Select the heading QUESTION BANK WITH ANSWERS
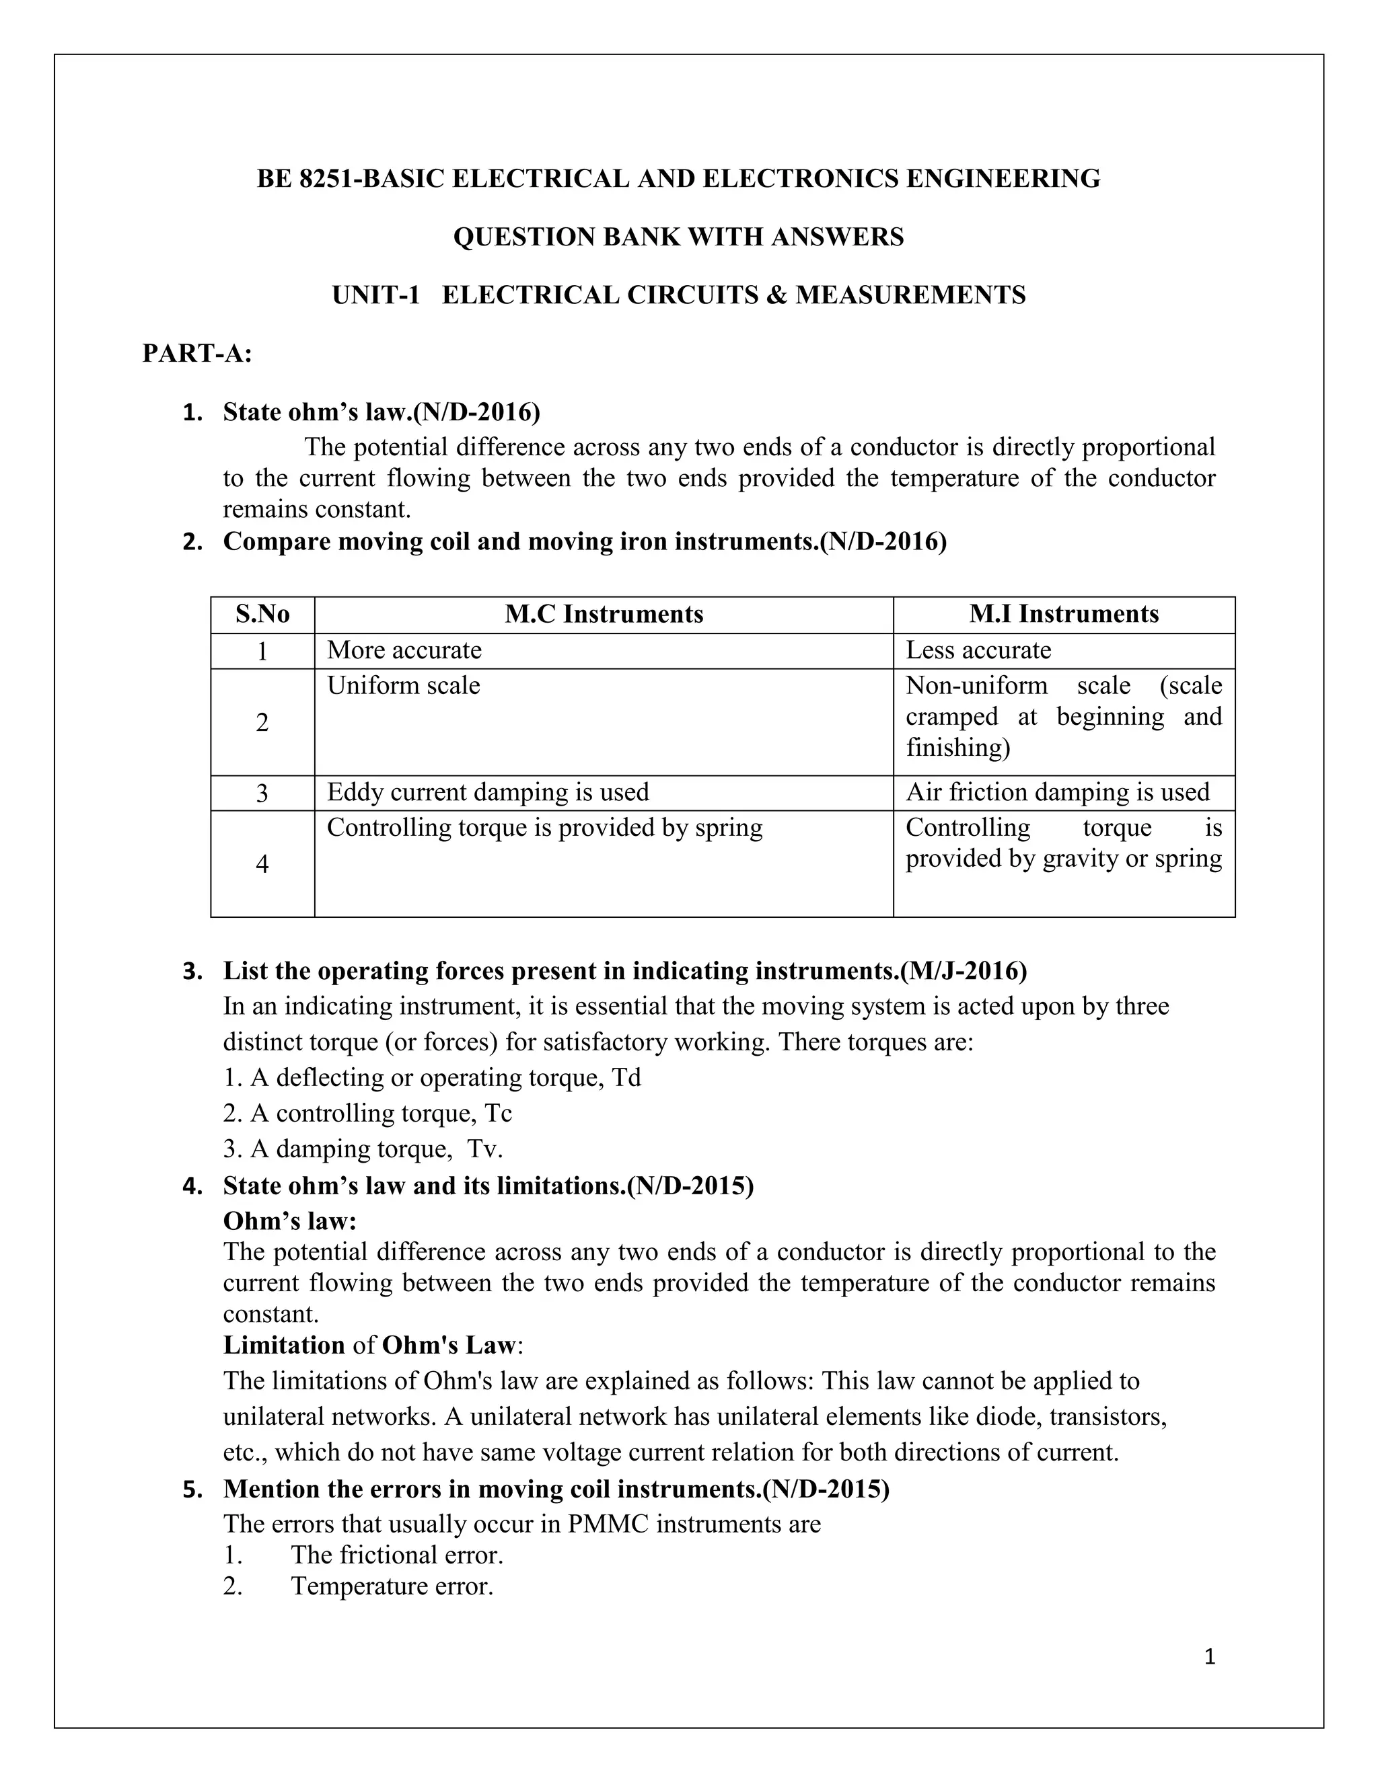(678, 237)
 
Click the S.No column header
(262, 615)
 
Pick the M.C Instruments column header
(604, 615)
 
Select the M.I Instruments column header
(1064, 615)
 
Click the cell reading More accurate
(404, 650)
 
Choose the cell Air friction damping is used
(1057, 792)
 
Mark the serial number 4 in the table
(262, 864)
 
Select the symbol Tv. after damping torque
(485, 1150)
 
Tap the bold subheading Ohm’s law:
(290, 1221)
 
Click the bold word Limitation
(284, 1346)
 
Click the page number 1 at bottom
(1210, 1657)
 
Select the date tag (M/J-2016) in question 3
(964, 971)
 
